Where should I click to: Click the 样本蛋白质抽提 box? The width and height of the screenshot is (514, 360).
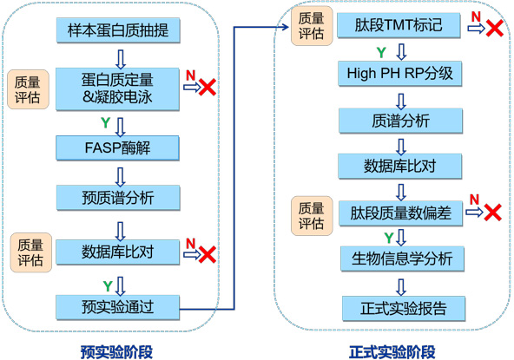[x=118, y=30]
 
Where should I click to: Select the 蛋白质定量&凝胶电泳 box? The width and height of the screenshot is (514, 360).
[x=117, y=88]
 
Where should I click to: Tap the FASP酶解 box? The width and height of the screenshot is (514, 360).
[x=117, y=147]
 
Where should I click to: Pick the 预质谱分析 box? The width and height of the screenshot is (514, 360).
[x=118, y=198]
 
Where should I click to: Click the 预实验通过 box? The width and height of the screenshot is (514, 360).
[x=118, y=307]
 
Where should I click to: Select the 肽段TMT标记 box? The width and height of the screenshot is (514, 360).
[x=399, y=25]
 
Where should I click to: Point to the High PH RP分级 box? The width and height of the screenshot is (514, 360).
[x=400, y=74]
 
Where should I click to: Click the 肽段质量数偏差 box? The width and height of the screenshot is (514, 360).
[x=400, y=213]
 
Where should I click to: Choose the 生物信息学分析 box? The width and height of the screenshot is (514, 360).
[x=402, y=259]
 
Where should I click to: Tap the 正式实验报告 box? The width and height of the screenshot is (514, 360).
[x=404, y=309]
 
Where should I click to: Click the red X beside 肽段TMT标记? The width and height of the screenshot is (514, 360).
[x=495, y=28]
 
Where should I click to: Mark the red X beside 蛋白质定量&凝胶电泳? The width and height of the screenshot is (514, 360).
[x=208, y=87]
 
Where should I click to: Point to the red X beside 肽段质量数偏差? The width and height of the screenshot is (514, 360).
[x=492, y=213]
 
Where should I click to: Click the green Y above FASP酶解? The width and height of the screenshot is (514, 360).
[x=106, y=123]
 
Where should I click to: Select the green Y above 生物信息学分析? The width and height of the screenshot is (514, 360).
[x=389, y=238]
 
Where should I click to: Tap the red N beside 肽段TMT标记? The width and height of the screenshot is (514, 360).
[x=476, y=16]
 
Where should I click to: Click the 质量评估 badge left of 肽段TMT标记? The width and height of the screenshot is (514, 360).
[x=312, y=26]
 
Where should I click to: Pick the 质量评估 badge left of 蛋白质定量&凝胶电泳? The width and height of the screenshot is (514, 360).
[x=28, y=89]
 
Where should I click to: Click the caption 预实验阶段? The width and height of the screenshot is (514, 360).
[x=116, y=352]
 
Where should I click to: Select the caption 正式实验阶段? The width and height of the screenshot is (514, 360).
[x=392, y=352]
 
